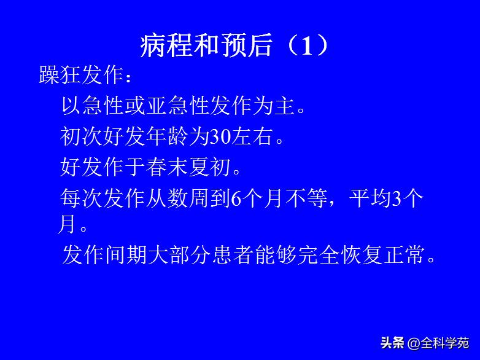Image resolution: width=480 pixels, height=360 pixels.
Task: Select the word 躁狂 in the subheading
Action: click(60, 76)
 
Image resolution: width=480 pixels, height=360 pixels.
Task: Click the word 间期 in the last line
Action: click(126, 254)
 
